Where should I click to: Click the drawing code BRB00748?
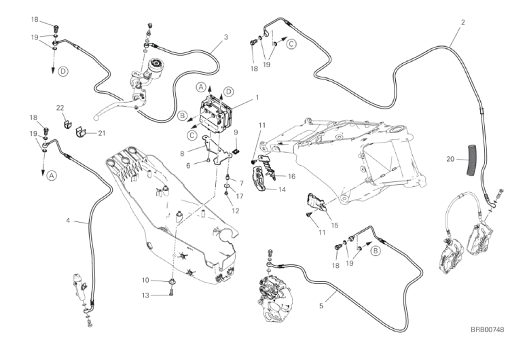(487, 329)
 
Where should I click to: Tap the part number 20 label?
(450, 159)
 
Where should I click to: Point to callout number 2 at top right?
(463, 22)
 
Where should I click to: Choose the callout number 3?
(226, 37)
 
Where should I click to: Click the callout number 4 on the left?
(68, 221)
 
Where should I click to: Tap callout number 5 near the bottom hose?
(321, 306)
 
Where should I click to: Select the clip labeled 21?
(80, 132)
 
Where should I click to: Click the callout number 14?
(282, 190)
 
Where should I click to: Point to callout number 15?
(335, 226)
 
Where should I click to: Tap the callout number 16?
(292, 176)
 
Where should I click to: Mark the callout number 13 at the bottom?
(145, 295)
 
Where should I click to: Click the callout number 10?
(145, 280)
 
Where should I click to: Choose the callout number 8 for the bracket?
(182, 154)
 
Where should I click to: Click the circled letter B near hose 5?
(376, 251)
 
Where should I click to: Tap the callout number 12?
(236, 211)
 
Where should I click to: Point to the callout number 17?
(239, 196)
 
